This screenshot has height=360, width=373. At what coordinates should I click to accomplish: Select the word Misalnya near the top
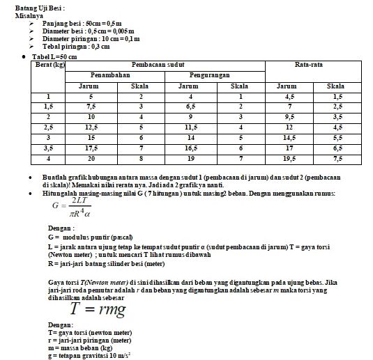coord(29,15)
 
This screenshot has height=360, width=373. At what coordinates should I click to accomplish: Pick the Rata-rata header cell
coord(307,64)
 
